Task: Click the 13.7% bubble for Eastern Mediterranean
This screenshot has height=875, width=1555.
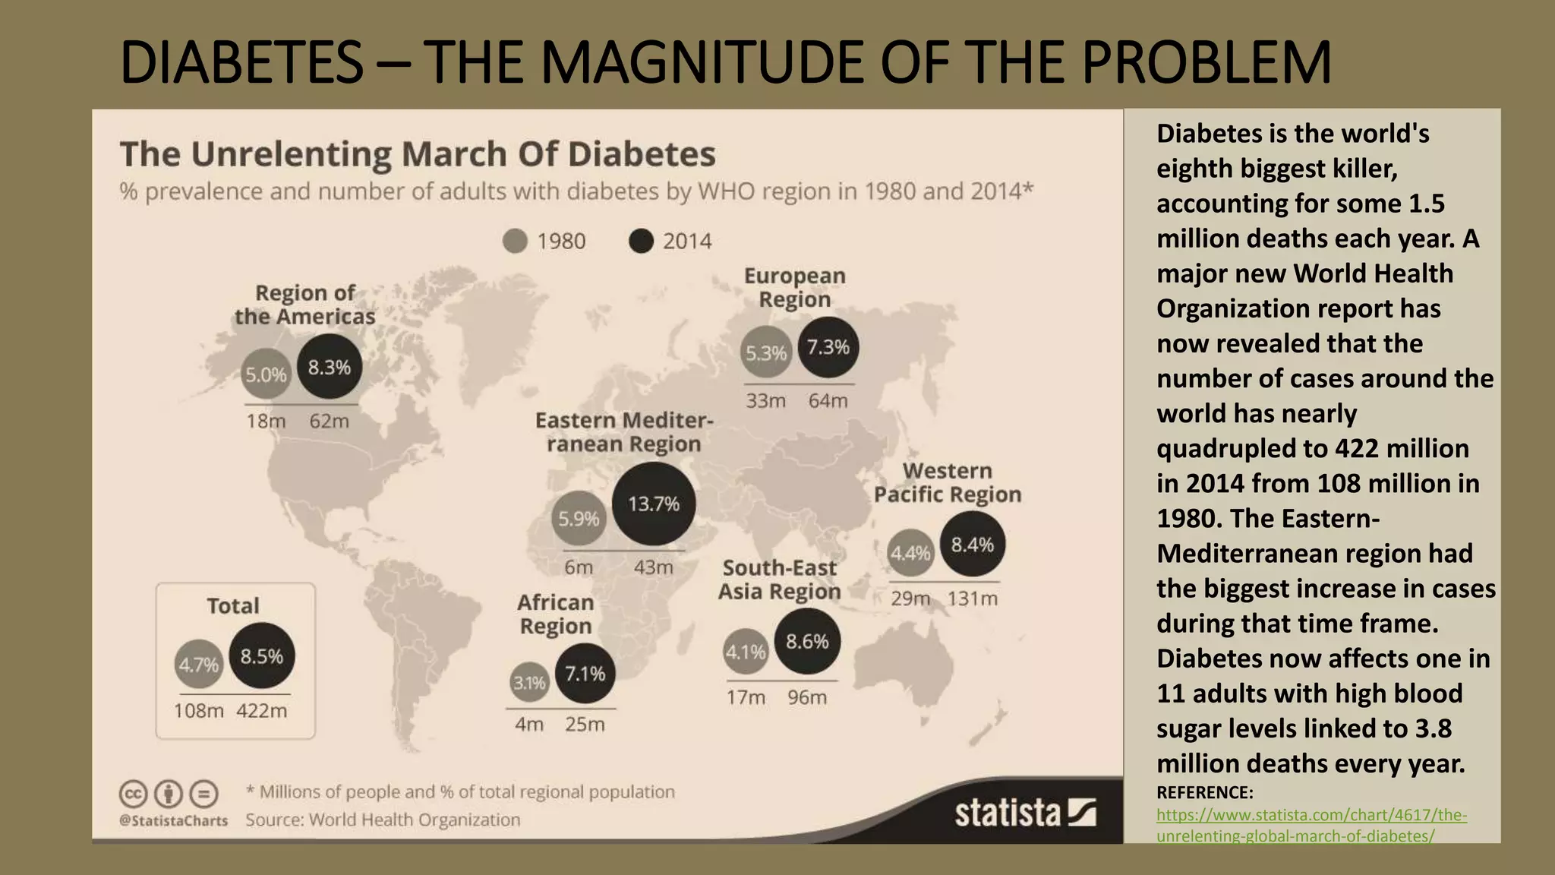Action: click(653, 504)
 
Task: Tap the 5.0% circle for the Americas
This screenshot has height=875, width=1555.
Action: click(266, 374)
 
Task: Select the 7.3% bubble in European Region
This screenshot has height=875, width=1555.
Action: click(828, 347)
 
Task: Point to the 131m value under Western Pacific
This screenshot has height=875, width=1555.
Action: click(972, 599)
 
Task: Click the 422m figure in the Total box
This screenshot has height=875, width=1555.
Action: click(261, 711)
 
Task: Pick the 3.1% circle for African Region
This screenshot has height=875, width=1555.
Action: click(529, 683)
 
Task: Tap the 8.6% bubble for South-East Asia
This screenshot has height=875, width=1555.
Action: click(806, 642)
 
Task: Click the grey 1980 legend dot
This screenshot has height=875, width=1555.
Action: click(515, 242)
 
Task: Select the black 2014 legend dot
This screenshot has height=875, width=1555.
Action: click(641, 242)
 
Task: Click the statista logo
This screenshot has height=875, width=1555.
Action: click(1025, 813)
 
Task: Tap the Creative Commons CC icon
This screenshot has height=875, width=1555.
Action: click(133, 794)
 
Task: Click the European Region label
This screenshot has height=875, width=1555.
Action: click(794, 287)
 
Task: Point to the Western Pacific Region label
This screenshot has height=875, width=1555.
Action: click(947, 482)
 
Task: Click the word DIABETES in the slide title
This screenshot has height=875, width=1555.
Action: click(241, 62)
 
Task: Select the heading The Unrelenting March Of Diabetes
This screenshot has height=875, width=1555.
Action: click(418, 154)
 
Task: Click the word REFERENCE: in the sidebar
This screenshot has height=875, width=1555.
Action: click(1204, 792)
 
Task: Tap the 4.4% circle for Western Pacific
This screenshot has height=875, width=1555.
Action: click(910, 553)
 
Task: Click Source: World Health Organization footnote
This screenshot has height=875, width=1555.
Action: click(383, 820)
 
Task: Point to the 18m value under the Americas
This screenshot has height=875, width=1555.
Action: click(266, 421)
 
